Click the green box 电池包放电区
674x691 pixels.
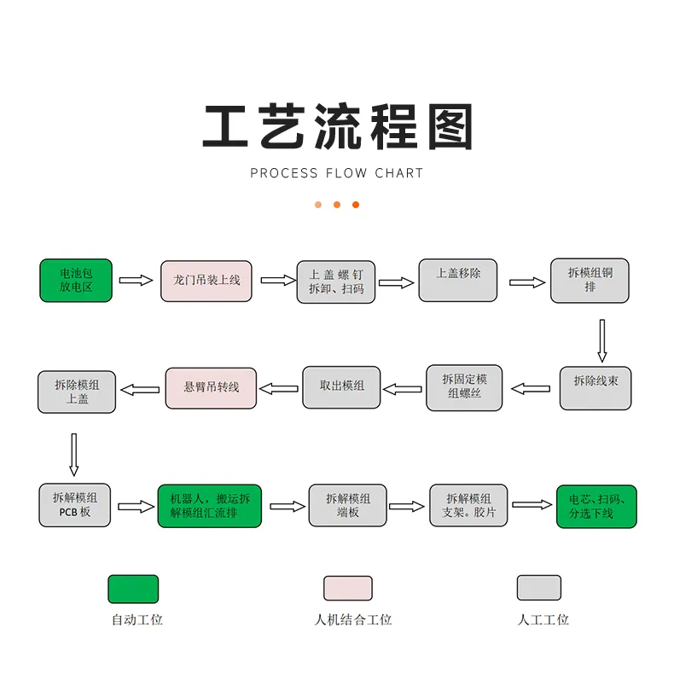(76, 280)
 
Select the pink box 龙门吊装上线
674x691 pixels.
(206, 281)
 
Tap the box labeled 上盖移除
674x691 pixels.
(458, 280)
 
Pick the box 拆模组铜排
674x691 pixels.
(590, 281)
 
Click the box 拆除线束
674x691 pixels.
(596, 388)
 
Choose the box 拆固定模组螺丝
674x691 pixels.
(465, 388)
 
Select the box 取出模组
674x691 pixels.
(341, 386)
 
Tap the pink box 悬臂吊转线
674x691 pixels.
(211, 387)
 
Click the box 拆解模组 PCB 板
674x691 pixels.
(76, 505)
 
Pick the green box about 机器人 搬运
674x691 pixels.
(209, 506)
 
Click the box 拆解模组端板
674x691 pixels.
(347, 506)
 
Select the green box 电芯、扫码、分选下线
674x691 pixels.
(596, 506)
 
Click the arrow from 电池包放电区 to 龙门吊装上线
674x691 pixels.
(136, 280)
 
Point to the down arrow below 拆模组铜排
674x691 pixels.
(601, 340)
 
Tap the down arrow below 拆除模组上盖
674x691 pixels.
(73, 454)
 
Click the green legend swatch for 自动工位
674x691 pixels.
(133, 589)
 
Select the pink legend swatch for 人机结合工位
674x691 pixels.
(348, 588)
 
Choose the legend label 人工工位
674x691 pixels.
(543, 620)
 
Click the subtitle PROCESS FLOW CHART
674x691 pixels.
(337, 173)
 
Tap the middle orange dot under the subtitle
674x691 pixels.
(337, 205)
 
